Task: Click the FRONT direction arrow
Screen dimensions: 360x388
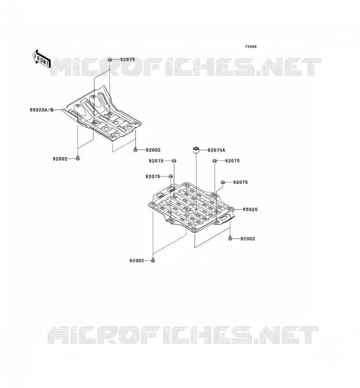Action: [42, 59]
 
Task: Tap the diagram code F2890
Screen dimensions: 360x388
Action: [251, 47]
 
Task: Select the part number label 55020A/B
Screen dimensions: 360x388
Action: [42, 110]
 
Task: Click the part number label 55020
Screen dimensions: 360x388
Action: [250, 210]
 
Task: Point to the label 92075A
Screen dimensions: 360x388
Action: [216, 150]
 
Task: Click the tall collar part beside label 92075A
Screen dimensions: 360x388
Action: [196, 150]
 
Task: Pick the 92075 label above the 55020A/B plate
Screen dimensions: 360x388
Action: [128, 59]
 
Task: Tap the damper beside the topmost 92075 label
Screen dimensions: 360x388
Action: [110, 59]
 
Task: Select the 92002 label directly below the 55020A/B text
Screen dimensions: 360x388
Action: [60, 159]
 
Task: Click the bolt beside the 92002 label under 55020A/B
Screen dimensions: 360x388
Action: [78, 158]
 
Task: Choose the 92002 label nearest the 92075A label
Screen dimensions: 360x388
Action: [153, 150]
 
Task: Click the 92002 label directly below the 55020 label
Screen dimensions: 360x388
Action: [247, 239]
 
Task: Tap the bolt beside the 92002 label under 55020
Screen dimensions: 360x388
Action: [230, 239]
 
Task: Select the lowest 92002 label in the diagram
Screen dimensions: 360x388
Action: [136, 260]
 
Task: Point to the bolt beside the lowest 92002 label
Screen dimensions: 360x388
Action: [153, 260]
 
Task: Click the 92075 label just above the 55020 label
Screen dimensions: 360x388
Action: [241, 182]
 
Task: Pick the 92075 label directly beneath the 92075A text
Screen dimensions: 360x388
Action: [232, 161]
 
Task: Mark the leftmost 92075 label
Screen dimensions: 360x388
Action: [153, 177]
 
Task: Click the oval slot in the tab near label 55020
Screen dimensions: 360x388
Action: [225, 218]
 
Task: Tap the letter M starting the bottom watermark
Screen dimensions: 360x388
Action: [58, 335]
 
